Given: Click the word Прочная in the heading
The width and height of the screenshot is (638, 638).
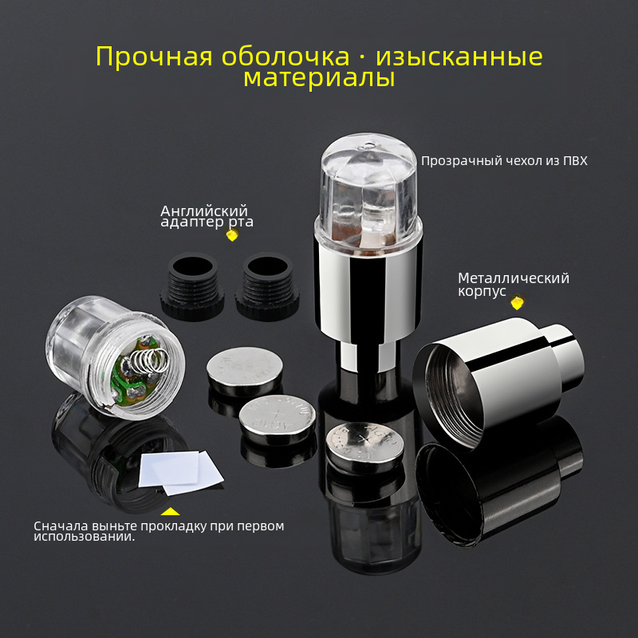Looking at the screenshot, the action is [x=154, y=57].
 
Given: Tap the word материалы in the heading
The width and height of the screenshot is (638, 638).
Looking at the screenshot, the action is [x=319, y=77].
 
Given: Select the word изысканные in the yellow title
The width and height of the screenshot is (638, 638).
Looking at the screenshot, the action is [x=459, y=57].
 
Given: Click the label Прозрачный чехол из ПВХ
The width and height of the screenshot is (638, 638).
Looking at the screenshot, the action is [x=504, y=161].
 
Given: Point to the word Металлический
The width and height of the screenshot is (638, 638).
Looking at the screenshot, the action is [x=514, y=278].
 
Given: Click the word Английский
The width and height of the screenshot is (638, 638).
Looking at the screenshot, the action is [x=204, y=211].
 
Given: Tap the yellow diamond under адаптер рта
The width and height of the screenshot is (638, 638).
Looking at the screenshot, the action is [x=232, y=234].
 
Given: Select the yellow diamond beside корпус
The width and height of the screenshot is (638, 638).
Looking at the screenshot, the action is [x=517, y=302].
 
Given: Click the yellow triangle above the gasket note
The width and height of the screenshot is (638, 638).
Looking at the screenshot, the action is [x=170, y=511].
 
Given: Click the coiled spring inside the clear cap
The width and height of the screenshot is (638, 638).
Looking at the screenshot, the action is [x=148, y=361].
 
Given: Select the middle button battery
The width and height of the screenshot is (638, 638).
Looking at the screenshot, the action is [x=277, y=419].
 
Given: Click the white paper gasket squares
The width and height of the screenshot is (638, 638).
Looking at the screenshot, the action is [x=180, y=472].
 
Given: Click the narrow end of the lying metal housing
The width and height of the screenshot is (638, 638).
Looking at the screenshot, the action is [x=568, y=356].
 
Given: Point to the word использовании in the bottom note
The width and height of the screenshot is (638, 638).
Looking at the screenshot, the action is [x=85, y=537].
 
